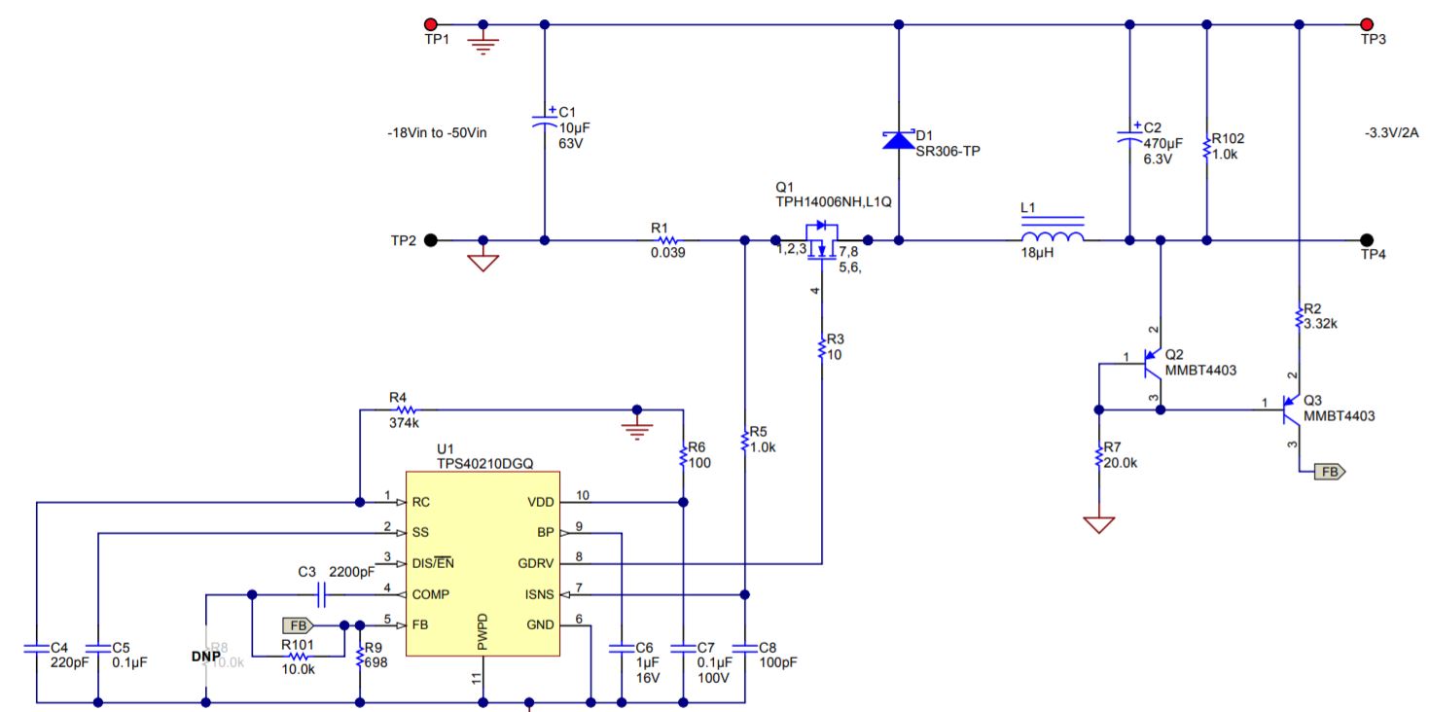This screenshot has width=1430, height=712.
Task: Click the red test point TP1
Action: coord(429,24)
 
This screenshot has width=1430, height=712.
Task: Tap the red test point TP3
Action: coord(1367,24)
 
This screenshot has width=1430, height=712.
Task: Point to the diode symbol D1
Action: coord(898,140)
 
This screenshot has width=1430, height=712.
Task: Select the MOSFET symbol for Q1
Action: coord(823,239)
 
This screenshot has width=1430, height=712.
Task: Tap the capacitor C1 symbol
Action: coord(544,121)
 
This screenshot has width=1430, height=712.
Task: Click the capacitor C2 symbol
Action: coord(1128,136)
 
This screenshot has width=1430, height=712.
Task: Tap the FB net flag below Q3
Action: coord(1330,472)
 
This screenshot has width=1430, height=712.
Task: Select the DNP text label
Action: coord(205,657)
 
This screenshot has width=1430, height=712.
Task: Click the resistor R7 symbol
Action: coord(1099,455)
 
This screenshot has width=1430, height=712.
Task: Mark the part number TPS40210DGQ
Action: coord(483,464)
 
